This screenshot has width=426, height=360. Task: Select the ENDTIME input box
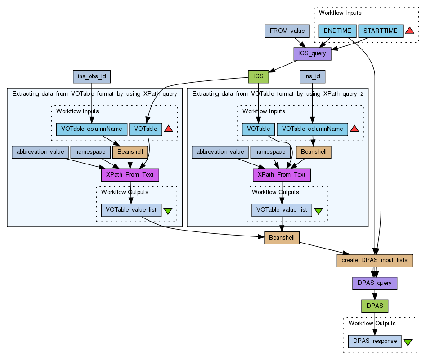point(337,31)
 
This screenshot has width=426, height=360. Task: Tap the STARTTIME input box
point(380,31)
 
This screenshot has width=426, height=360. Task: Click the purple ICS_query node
point(312,54)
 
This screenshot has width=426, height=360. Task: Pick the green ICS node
point(258,76)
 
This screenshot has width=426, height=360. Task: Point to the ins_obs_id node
point(92,76)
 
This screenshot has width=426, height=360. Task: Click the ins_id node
point(312,76)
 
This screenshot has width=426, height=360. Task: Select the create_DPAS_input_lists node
point(375,260)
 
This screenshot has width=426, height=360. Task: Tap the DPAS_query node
point(375,283)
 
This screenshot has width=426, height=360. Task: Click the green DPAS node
point(375,306)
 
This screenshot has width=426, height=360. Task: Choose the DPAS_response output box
point(375,341)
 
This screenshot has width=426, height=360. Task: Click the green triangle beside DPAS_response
point(408,342)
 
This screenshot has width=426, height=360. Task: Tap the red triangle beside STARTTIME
point(409,31)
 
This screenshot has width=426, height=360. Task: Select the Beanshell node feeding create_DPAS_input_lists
point(282,237)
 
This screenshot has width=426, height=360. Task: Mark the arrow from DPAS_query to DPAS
point(375,294)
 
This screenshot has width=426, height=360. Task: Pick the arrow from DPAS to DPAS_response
point(375,323)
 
